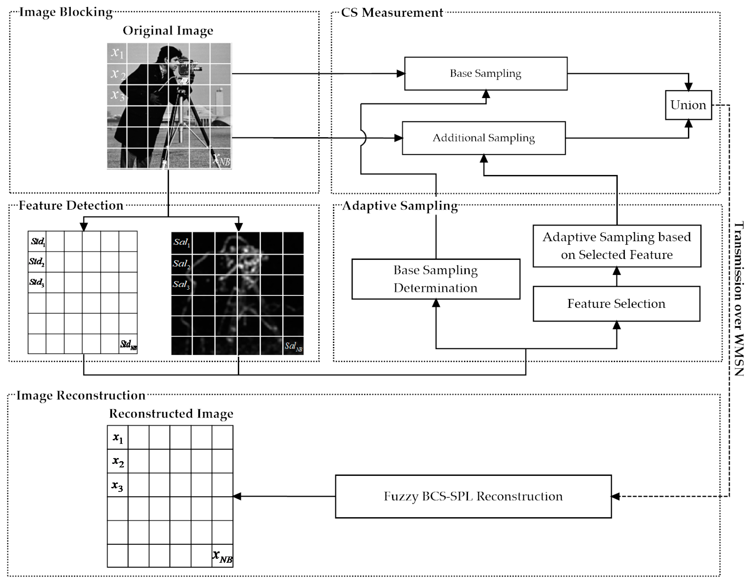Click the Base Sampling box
click(x=485, y=73)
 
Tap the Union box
click(x=688, y=105)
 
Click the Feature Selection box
click(x=616, y=303)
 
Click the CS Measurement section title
click(x=392, y=13)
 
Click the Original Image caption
click(x=168, y=31)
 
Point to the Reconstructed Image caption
click(x=171, y=413)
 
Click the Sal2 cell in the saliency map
click(x=181, y=264)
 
